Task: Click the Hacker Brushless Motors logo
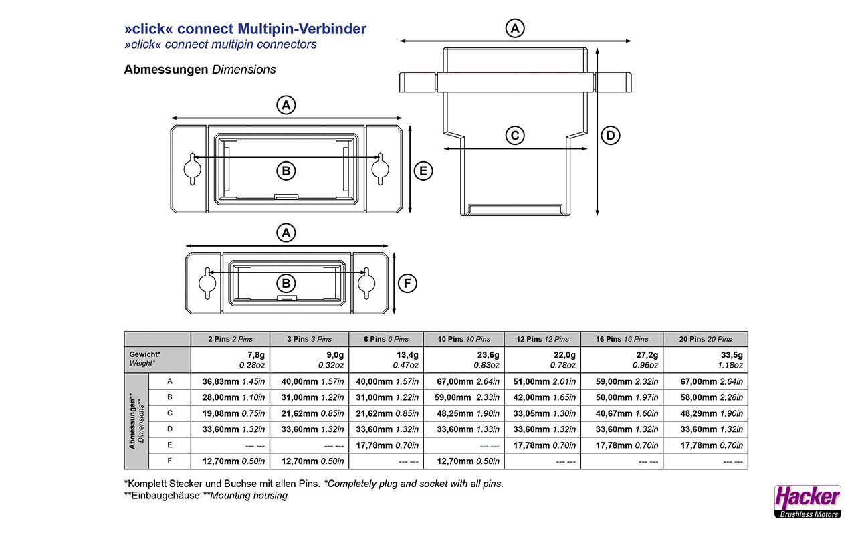pos(807,501)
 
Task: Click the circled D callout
pos(610,136)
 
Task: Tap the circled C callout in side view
pos(514,136)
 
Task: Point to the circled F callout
pos(407,284)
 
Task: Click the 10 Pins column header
pos(464,339)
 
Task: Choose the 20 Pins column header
pos(706,339)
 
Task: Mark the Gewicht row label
pos(145,354)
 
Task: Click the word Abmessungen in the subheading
pos(166,70)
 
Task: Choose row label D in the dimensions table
pos(170,429)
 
